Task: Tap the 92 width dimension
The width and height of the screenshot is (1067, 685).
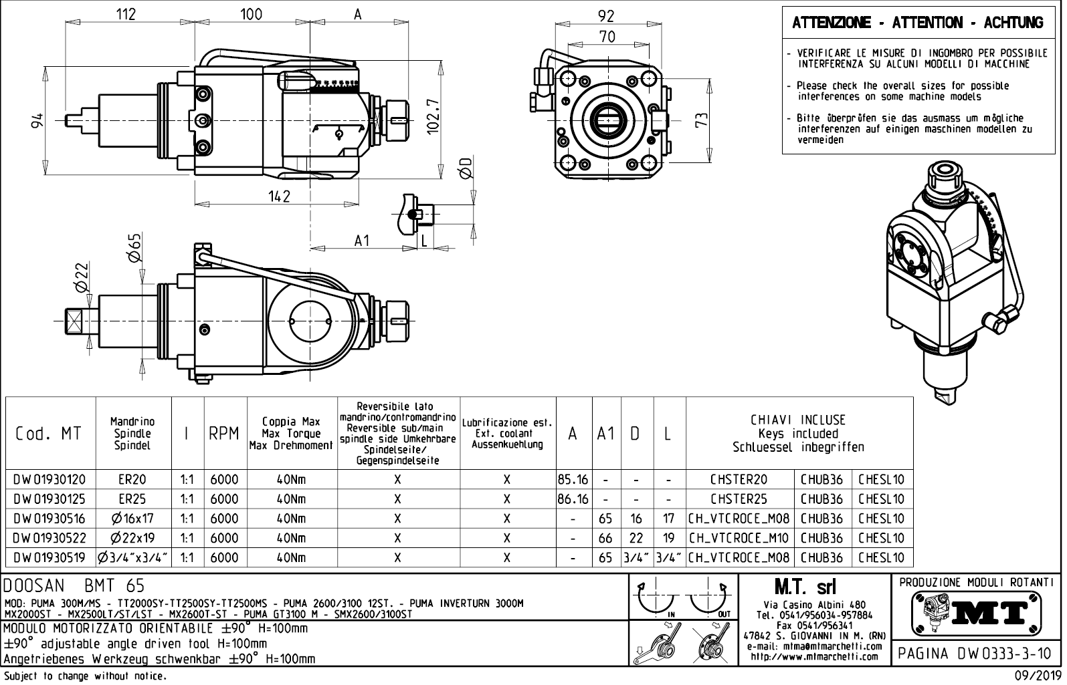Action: pos(606,16)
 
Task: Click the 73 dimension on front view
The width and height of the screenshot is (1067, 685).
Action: pos(700,121)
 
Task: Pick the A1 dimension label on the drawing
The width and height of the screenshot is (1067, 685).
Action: pos(362,241)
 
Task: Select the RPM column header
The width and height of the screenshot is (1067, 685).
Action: pos(224,434)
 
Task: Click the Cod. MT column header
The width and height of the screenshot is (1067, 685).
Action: pos(48,434)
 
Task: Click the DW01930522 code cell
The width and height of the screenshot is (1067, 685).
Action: pos(50,538)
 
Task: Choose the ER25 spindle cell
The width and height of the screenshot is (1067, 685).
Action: pos(132,499)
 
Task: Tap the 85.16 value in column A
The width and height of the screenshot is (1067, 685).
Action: pos(573,480)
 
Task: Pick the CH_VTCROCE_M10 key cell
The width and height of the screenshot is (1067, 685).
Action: pos(739,538)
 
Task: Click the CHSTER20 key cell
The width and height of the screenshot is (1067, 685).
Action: pos(739,480)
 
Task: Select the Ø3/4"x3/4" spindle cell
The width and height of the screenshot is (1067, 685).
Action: pos(132,557)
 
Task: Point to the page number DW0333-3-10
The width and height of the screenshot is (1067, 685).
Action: pos(975,653)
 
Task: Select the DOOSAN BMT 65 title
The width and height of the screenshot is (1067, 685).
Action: pos(74,586)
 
